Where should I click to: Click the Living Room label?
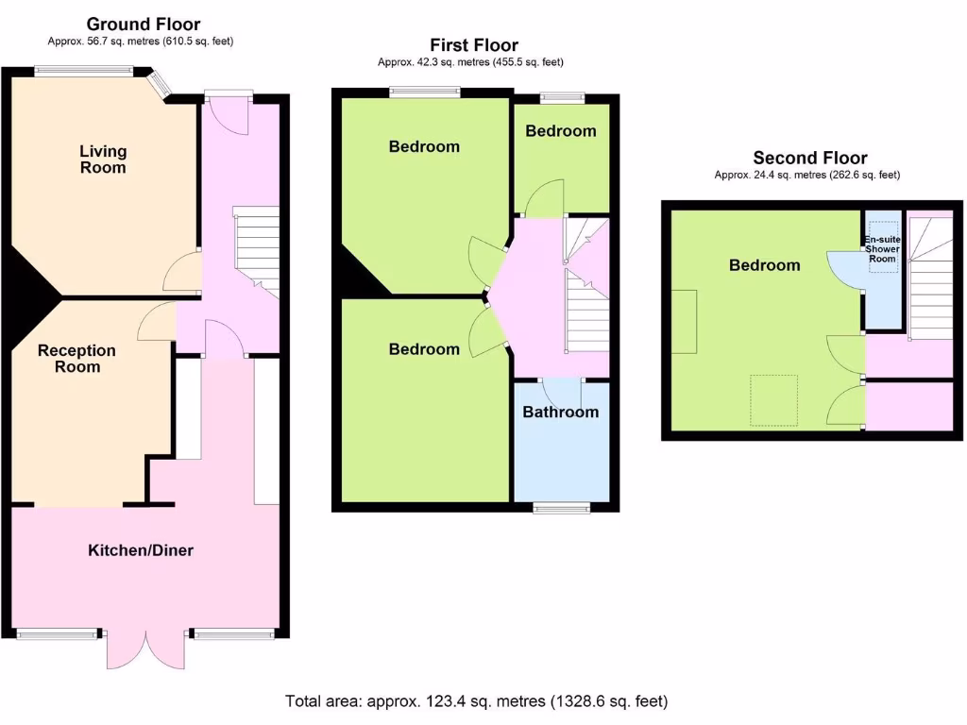coord(103,160)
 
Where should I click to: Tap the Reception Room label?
coord(76,359)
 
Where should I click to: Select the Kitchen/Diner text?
coord(141,549)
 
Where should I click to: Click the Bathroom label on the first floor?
coord(560,412)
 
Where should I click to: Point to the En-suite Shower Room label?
coord(883,250)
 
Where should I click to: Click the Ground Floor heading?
coord(143,24)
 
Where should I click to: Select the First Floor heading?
coord(474,44)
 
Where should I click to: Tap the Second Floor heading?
coord(809,158)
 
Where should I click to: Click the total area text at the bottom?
coord(477,701)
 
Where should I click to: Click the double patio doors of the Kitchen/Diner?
coord(146,649)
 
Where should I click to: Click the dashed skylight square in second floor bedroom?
coord(773,400)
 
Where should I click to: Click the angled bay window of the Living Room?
coord(161,84)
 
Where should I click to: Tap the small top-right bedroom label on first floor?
coord(561,131)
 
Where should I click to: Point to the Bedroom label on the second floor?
coord(764,265)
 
